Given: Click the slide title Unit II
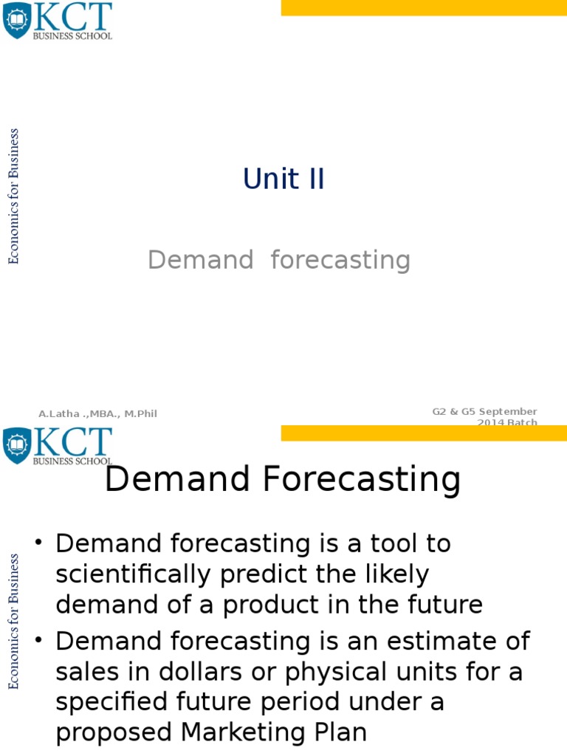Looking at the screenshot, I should click(283, 179).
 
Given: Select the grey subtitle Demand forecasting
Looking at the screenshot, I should click(278, 260).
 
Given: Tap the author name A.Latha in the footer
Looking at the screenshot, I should click(97, 414).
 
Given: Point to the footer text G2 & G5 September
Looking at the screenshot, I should click(484, 411).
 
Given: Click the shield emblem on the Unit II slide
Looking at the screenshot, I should click(16, 20).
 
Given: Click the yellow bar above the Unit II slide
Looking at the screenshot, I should click(424, 7).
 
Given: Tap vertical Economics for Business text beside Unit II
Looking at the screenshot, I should click(14, 196).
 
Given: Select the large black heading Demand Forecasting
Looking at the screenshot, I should click(283, 480).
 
